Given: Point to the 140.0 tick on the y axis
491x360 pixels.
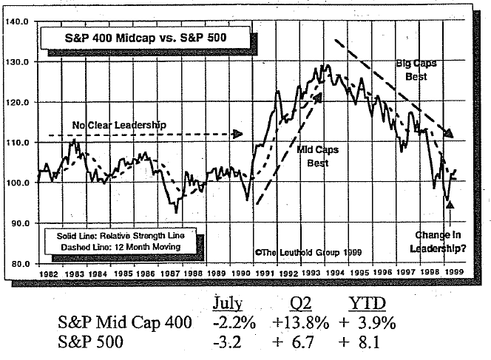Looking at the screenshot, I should click(x=16, y=21).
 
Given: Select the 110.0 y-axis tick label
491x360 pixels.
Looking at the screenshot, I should click(x=16, y=142).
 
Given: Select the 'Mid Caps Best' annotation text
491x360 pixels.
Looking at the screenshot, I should click(x=317, y=156).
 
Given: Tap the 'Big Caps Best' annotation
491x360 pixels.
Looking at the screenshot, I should click(x=416, y=69).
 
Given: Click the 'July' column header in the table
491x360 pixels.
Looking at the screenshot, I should click(x=227, y=304).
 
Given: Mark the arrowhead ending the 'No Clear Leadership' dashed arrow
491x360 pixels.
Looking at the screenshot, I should click(x=238, y=134).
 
